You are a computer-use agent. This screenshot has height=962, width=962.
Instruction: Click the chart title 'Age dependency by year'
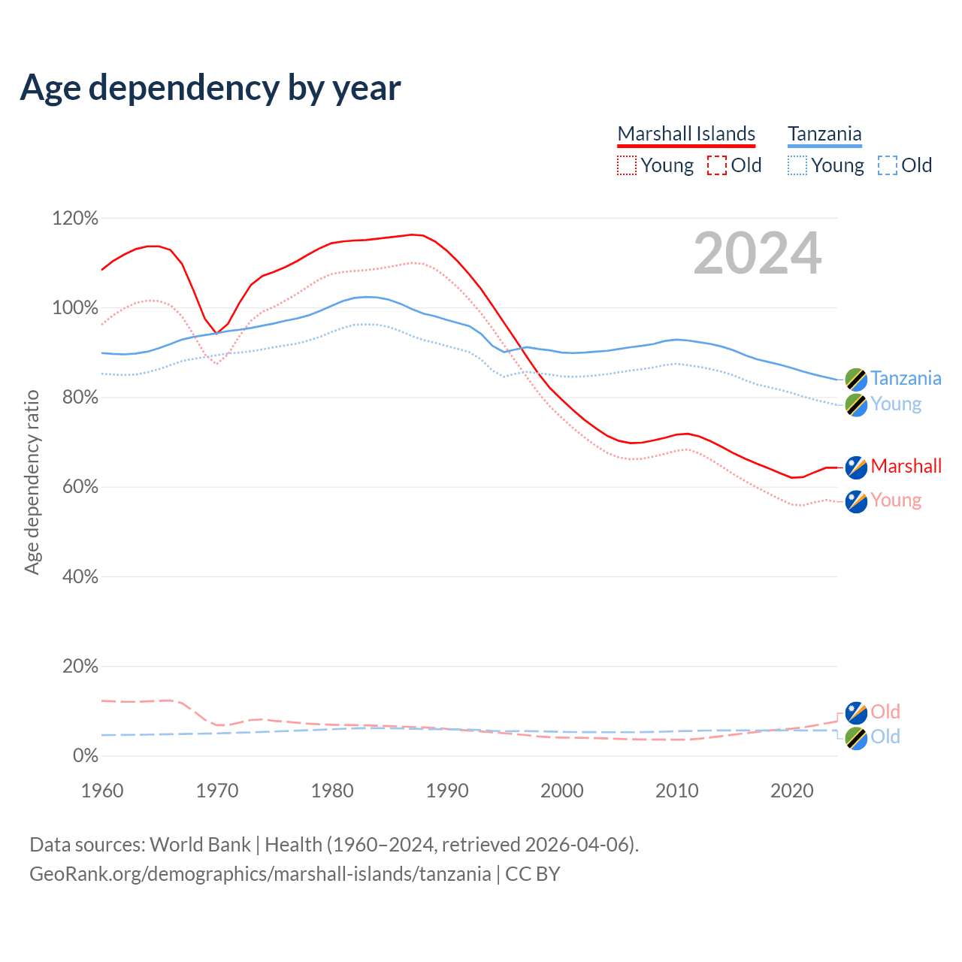click(210, 88)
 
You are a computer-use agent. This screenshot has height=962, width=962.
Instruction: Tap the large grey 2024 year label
click(757, 253)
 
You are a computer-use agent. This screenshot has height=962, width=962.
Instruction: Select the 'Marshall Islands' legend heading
click(686, 134)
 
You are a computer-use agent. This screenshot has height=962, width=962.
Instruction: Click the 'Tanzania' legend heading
click(824, 134)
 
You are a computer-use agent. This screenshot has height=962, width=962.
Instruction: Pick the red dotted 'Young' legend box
click(627, 165)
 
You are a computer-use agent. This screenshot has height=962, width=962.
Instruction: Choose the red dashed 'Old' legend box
click(717, 165)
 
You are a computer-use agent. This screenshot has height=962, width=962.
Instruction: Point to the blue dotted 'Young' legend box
click(797, 165)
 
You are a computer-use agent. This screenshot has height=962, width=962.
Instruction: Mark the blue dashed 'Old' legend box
click(888, 165)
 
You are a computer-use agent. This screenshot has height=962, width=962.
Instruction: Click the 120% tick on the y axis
click(75, 219)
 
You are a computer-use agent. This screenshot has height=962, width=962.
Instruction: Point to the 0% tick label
click(85, 755)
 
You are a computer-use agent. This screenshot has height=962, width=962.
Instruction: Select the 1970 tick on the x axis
click(217, 791)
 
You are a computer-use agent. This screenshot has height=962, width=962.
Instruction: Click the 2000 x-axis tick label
click(562, 791)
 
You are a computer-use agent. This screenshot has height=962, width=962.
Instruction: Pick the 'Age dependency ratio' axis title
click(32, 482)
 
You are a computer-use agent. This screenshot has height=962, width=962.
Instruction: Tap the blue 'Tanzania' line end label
click(906, 378)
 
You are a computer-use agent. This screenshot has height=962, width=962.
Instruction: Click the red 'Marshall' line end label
click(906, 466)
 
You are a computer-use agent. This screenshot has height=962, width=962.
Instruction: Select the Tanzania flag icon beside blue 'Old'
click(856, 738)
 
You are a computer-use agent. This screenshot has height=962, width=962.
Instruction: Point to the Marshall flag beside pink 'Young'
click(856, 501)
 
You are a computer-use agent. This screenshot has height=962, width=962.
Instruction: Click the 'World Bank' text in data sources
click(200, 845)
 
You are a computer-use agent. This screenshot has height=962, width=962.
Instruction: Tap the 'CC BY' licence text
click(532, 874)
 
